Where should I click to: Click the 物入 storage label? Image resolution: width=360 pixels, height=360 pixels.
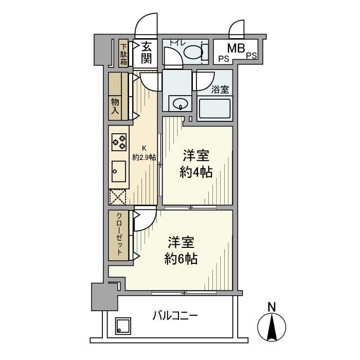point(115,106)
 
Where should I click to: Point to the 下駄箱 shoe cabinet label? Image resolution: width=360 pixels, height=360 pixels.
point(124,53)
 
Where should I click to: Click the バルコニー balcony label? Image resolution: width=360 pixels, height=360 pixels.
point(175,315)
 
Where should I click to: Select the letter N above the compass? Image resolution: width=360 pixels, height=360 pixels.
point(272,307)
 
